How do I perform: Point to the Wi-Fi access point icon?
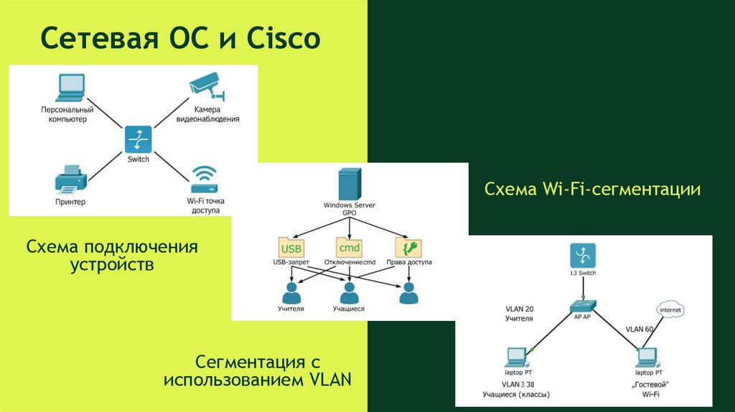(x=204, y=177)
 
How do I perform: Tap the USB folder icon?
(x=291, y=248)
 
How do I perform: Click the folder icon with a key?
(x=408, y=248)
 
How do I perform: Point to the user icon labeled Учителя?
(x=291, y=293)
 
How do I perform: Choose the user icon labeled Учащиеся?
(x=349, y=293)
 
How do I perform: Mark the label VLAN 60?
(x=639, y=329)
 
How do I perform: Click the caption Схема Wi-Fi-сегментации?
(x=592, y=189)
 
